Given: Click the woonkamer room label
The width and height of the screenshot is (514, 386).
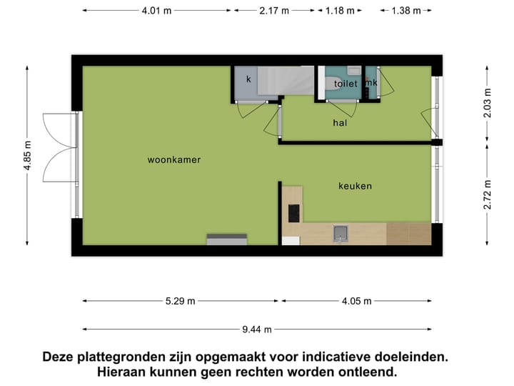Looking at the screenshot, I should (174, 160).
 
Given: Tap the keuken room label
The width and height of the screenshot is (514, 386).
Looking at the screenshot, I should (355, 186).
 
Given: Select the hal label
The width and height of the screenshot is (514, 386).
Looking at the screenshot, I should (340, 123).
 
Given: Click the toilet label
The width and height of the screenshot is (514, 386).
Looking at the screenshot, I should (346, 84).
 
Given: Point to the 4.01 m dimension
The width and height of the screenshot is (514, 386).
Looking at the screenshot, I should (156, 11).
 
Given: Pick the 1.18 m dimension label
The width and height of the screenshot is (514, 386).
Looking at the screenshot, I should (340, 11).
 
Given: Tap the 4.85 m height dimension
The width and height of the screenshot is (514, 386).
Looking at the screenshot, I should (27, 154).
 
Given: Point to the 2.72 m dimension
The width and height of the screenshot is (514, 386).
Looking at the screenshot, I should (488, 194).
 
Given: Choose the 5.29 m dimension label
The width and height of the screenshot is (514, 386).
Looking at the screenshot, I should (181, 301).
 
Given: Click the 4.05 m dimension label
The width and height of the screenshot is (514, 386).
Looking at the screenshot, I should (357, 301).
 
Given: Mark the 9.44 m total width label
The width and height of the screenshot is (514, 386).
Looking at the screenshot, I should (257, 330).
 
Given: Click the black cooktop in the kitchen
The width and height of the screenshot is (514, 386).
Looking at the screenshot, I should (293, 213).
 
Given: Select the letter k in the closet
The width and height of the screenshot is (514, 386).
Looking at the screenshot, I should (248, 79).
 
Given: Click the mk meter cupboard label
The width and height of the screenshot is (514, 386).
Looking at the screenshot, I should (371, 83).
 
